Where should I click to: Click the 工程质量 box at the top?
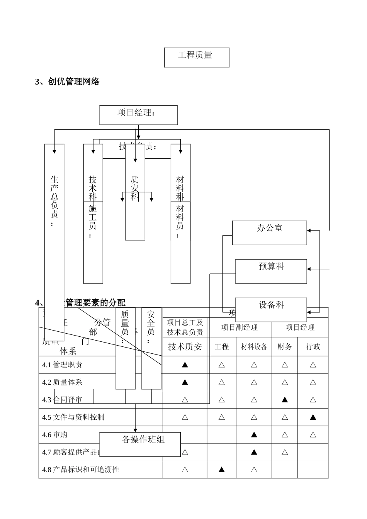pos(197,57)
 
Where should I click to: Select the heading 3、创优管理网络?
pos(68,81)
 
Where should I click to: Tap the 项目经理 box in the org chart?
pos(138,115)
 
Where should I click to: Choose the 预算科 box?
pos(271,271)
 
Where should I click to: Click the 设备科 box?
pos(271,309)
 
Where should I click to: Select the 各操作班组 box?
pos(140,444)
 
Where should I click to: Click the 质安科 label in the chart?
pos(134,188)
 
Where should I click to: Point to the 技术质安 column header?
pos(185,347)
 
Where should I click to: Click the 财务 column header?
pos(285,347)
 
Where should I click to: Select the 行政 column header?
pos(313,347)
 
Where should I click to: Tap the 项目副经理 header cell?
pos(240,327)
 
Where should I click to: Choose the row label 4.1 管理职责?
pos(63,365)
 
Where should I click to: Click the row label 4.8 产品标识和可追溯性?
pos(81,470)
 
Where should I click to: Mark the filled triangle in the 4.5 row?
pos(313,417)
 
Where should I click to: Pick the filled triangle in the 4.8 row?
pos(222,470)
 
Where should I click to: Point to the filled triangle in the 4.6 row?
pos(254,434)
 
